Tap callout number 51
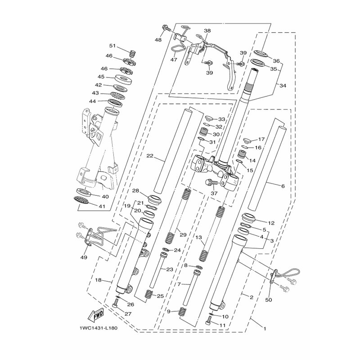pos(112,46)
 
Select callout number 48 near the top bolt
pos(158,40)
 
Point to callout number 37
pos(214,193)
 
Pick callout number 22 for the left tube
pos(150,156)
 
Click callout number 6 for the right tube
pos(283,186)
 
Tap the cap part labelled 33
pos(209,119)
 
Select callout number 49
pos(84,257)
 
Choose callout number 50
pos(268,300)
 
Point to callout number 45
pos(101,76)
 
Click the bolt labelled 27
pos(115,305)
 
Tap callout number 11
pos(223,325)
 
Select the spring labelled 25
pos(149,294)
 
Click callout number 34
pos(283,85)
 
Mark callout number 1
pos(265,329)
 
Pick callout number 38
pos(207,31)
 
